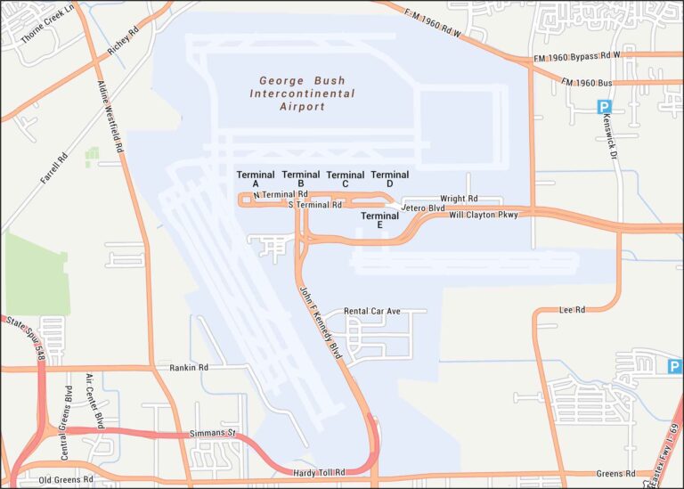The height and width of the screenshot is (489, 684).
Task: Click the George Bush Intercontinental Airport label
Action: tap(302, 94)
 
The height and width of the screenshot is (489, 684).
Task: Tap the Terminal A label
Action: tap(256, 179)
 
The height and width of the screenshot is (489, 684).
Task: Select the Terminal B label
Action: tap(301, 179)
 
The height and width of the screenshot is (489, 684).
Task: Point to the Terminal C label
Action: tap(346, 179)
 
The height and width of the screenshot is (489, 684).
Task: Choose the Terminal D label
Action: tap(390, 179)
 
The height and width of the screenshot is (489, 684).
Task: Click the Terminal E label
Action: tap(379, 220)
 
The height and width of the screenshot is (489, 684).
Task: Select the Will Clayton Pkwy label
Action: tap(483, 215)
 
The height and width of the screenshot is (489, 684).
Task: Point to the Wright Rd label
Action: tap(460, 199)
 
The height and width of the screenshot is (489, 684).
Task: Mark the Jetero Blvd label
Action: tap(423, 208)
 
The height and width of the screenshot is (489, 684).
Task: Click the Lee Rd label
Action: tap(572, 310)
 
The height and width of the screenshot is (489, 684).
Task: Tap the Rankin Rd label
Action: tap(189, 367)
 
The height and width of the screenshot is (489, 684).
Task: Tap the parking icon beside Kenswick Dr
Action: tap(605, 107)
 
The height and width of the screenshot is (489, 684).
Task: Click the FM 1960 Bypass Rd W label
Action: tap(576, 55)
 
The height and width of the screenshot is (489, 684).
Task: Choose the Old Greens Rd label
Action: tap(66, 479)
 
